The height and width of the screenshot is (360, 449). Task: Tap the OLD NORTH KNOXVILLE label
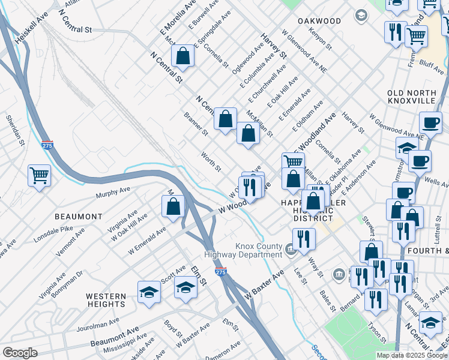(411, 97)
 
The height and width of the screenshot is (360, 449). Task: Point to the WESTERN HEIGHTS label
(106, 300)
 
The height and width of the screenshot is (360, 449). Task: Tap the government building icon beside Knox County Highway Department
(291, 248)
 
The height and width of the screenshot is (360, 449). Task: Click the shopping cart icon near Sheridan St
(39, 176)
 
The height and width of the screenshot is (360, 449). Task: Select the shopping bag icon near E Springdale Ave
(183, 56)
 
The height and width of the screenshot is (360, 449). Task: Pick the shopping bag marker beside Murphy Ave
(173, 206)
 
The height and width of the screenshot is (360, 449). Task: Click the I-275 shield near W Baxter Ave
(220, 272)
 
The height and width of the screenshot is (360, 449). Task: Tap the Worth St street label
(211, 161)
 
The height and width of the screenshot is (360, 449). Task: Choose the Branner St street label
(196, 124)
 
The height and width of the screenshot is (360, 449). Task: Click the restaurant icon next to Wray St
(304, 239)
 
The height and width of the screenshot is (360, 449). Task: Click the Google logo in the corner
(20, 353)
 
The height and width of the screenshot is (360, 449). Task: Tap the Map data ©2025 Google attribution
(412, 355)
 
